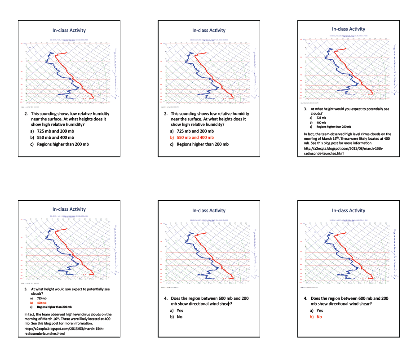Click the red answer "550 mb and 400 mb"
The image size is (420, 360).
click(x=195, y=138)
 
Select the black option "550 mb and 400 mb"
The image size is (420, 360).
click(x=55, y=138)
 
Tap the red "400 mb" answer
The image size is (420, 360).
click(x=42, y=302)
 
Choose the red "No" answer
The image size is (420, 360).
click(x=319, y=317)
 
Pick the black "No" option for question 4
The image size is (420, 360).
click(x=180, y=317)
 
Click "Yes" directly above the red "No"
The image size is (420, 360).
click(x=319, y=311)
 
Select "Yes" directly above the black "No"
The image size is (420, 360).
click(x=180, y=311)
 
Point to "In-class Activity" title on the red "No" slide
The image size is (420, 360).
click(x=349, y=210)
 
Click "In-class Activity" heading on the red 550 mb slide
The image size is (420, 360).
click(x=209, y=30)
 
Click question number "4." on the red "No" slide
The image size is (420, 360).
click(x=306, y=298)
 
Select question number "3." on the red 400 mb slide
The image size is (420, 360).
click(x=27, y=289)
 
